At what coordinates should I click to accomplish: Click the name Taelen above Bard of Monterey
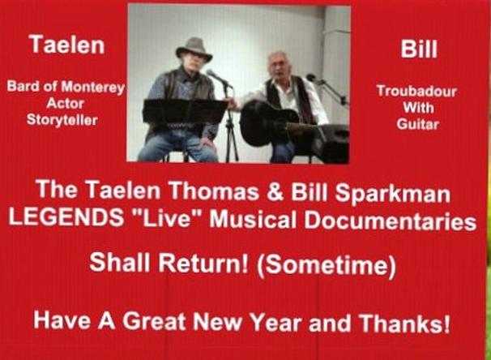(67, 45)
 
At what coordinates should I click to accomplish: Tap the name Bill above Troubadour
(419, 49)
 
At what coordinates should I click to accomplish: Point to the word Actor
(65, 104)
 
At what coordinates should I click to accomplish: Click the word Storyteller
(62, 120)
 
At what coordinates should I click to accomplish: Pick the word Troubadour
(416, 91)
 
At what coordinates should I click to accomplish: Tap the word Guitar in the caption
(418, 124)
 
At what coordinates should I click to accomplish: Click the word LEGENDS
(66, 216)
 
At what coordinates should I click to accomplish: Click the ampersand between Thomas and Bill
(275, 191)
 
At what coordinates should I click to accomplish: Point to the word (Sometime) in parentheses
(326, 265)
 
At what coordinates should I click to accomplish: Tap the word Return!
(203, 263)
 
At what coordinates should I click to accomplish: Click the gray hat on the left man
(194, 49)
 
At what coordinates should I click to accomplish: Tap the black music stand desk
(185, 112)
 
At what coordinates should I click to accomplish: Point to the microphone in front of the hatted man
(219, 79)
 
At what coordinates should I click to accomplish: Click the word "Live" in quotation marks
(167, 217)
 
